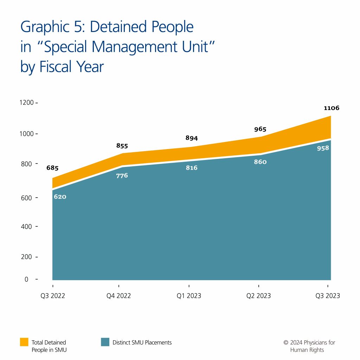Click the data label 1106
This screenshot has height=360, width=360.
pyautogui.click(x=332, y=108)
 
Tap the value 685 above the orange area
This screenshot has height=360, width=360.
pyautogui.click(x=52, y=168)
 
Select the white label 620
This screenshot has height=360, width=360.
pyautogui.click(x=60, y=197)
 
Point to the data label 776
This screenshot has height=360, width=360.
pyautogui.click(x=122, y=175)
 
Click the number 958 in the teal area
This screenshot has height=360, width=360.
pyautogui.click(x=322, y=148)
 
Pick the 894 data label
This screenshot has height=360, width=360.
pyautogui.click(x=192, y=138)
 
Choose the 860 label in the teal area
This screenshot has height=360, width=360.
pyautogui.click(x=260, y=162)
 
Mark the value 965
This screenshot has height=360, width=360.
pyautogui.click(x=260, y=129)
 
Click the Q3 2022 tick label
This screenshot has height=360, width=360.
pyautogui.click(x=53, y=296)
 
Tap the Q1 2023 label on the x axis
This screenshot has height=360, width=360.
pyautogui.click(x=189, y=296)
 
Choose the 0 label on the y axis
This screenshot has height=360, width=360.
pyautogui.click(x=26, y=279)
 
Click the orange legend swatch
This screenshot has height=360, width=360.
pyautogui.click(x=24, y=342)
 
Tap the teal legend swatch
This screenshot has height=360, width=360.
pyautogui.click(x=105, y=342)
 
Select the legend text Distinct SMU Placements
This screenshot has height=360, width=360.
pyautogui.click(x=142, y=342)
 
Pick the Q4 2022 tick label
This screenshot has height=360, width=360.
pyautogui.click(x=119, y=296)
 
